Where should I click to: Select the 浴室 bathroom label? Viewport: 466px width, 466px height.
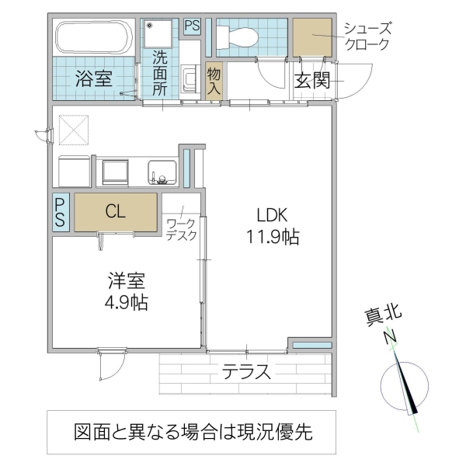[x=94, y=78]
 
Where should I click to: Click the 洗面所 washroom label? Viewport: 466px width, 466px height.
[x=159, y=72]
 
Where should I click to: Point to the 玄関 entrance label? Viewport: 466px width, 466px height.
[x=313, y=79]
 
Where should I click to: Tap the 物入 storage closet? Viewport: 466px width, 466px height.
[x=214, y=80]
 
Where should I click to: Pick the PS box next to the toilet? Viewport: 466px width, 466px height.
[x=193, y=26]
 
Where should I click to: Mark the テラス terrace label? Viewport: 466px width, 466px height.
[x=247, y=371]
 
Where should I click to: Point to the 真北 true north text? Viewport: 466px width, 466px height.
[x=383, y=315]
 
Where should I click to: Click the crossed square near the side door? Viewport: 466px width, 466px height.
[x=75, y=130]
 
